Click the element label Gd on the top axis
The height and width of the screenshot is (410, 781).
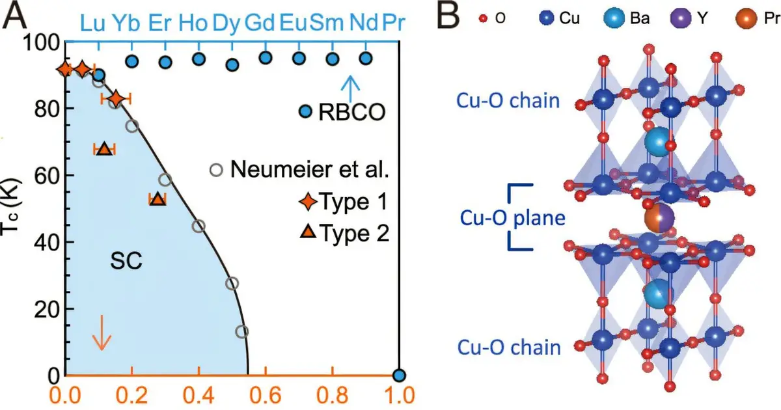pos(260,23)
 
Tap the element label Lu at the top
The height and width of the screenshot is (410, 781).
pos(92,23)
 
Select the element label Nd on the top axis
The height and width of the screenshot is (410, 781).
pos(364,23)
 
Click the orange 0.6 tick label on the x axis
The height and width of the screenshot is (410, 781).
pos(266,396)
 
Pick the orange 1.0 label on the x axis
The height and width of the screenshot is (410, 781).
pos(399,396)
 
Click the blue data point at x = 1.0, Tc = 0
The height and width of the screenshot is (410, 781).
pos(399,376)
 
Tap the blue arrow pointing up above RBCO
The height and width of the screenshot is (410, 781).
pos(350,89)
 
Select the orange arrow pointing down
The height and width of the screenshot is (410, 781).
pos(102,333)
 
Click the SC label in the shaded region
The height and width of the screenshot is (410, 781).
pos(126,260)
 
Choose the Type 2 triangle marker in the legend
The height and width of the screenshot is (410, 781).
pos(308,232)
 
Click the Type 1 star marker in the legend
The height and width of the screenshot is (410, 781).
pos(308,201)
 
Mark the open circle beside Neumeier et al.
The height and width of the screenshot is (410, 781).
pos(216,170)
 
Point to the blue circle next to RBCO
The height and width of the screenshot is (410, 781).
pos(306,111)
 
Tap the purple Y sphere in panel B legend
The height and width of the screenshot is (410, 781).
pos(681,18)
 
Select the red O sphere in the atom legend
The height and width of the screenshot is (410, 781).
pos(483,18)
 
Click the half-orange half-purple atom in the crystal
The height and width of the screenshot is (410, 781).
pos(659,218)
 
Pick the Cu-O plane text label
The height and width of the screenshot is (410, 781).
pos(513,218)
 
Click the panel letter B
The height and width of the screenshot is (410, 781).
pos(448,16)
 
